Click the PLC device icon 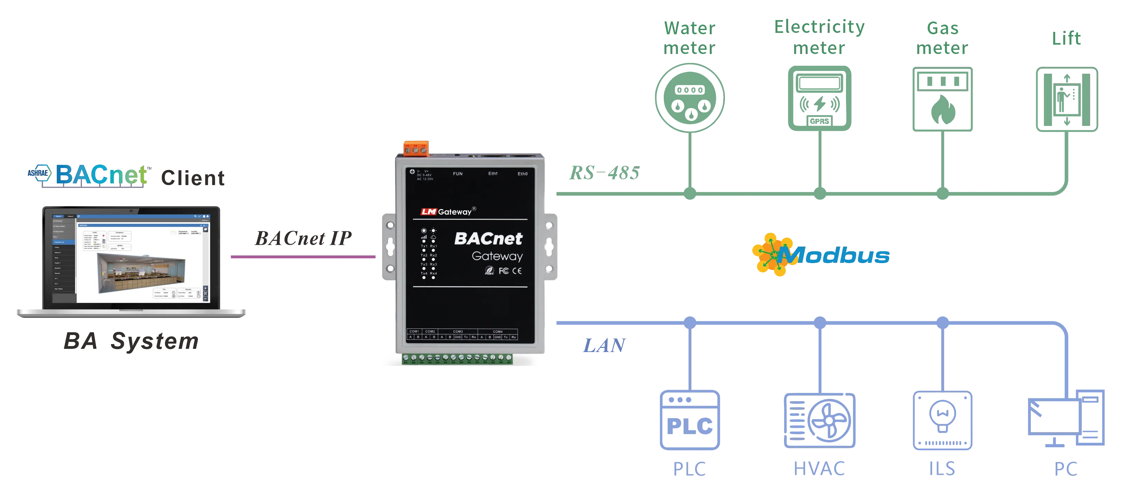(x=690, y=420)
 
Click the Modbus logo (x=820, y=255)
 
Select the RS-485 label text (x=604, y=172)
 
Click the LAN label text (x=604, y=346)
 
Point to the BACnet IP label (x=303, y=238)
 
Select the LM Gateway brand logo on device (x=448, y=211)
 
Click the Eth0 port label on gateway (x=522, y=174)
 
